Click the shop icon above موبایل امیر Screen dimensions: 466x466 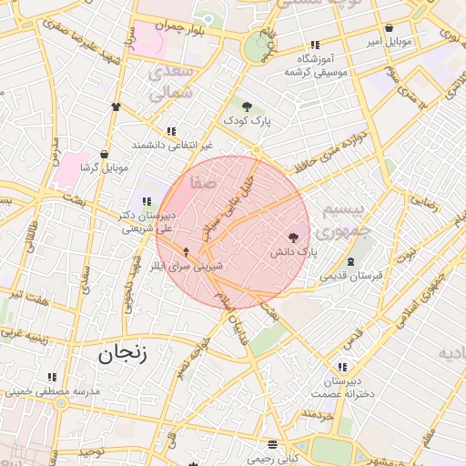390,28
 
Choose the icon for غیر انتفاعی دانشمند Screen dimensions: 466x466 171,131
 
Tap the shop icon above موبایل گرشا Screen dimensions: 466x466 106,154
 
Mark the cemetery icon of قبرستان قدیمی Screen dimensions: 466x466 351,261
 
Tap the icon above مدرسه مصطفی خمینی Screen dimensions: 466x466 52,377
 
